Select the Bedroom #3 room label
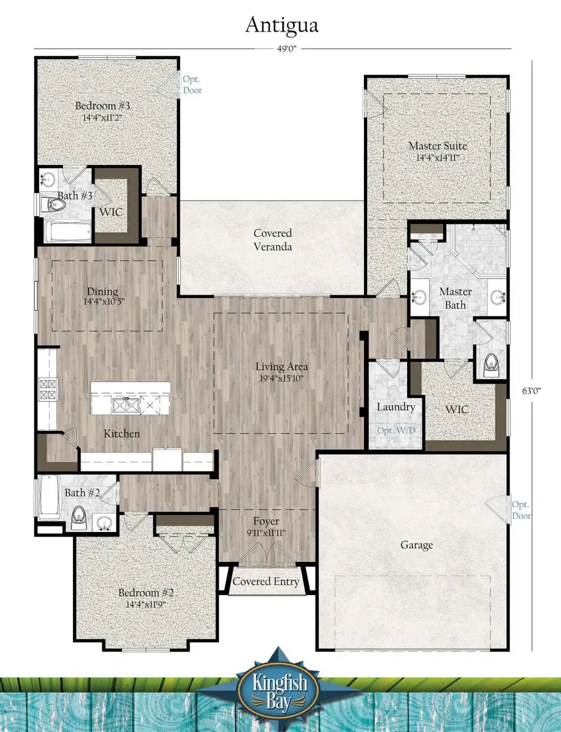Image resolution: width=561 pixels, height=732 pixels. click(x=103, y=111)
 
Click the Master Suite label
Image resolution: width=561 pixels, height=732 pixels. click(x=438, y=151)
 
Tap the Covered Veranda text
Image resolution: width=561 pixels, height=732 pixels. click(x=272, y=240)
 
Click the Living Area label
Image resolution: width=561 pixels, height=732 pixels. click(x=282, y=371)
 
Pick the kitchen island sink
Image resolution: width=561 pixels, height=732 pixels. click(x=126, y=406)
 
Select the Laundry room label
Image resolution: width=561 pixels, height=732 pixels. click(x=396, y=407)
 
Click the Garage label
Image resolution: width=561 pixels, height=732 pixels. click(x=416, y=545)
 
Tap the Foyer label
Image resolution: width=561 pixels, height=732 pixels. click(x=266, y=526)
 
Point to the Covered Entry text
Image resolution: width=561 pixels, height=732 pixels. click(x=266, y=581)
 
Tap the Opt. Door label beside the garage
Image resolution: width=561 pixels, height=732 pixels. click(x=521, y=510)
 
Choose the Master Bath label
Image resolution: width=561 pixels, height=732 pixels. click(x=456, y=298)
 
